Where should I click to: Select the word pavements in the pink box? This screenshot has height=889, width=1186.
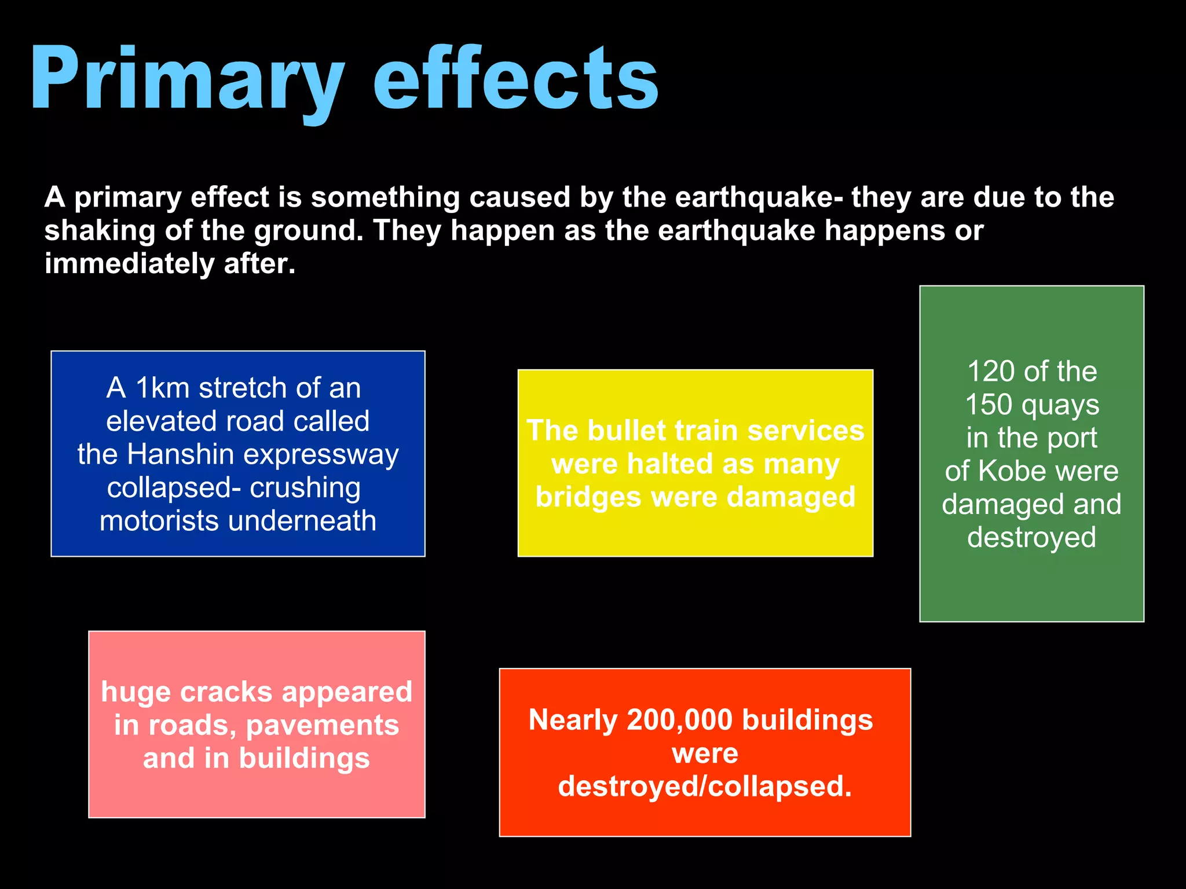(x=323, y=726)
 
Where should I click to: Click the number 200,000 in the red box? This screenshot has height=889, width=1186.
(x=680, y=721)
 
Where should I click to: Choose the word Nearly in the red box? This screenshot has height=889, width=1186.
(x=573, y=721)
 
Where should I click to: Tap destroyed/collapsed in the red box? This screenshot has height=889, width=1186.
(x=705, y=787)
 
